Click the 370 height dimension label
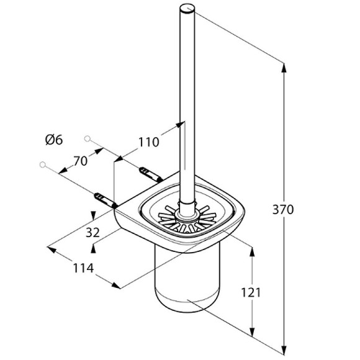tap(283, 210)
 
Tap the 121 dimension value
tap(251, 292)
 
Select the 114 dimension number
tap(83, 268)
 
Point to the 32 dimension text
tap(92, 232)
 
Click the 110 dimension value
tap(148, 142)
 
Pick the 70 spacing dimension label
tap(80, 161)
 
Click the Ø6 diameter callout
tap(54, 140)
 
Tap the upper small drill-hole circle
tap(88, 138)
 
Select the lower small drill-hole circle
tap(43, 164)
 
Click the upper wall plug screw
tap(151, 175)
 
